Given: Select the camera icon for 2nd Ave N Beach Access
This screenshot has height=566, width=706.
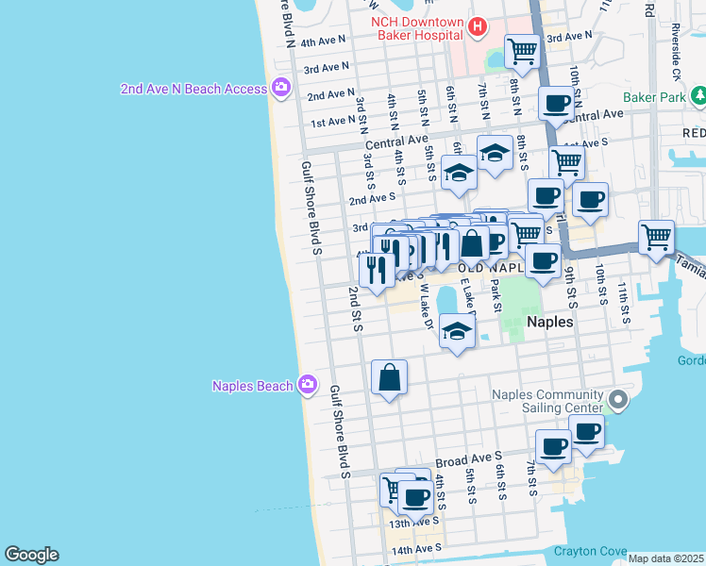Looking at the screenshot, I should [280, 88].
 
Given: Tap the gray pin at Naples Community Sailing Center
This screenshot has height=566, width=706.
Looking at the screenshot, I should [618, 400].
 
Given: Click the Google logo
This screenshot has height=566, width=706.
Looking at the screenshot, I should [31, 555].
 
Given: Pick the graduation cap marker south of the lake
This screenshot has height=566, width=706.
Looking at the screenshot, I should [457, 332].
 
